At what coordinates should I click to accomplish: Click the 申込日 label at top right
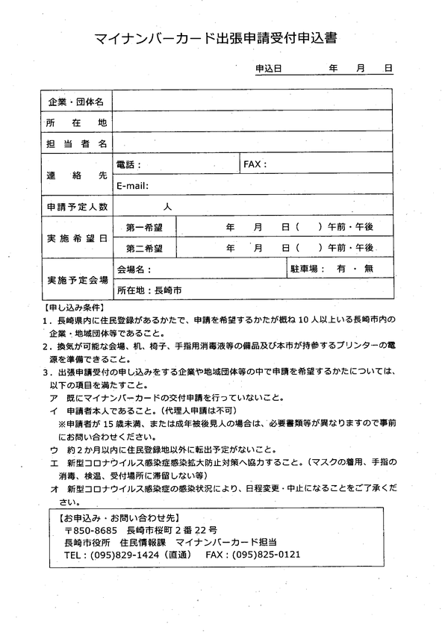coord(268,68)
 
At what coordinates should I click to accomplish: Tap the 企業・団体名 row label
coord(77,101)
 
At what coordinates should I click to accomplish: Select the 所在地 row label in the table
coord(77,122)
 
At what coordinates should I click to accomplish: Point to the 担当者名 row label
coord(77,143)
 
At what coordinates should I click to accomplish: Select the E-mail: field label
coord(133,185)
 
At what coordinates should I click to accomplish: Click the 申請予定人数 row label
coord(77,206)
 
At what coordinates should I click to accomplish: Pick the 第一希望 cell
coord(145,226)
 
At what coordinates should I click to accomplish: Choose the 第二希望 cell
coord(145,247)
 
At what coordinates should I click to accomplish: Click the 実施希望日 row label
coord(77,237)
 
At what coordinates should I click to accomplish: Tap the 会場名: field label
coord(134,268)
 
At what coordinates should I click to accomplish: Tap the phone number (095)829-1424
coord(126,555)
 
